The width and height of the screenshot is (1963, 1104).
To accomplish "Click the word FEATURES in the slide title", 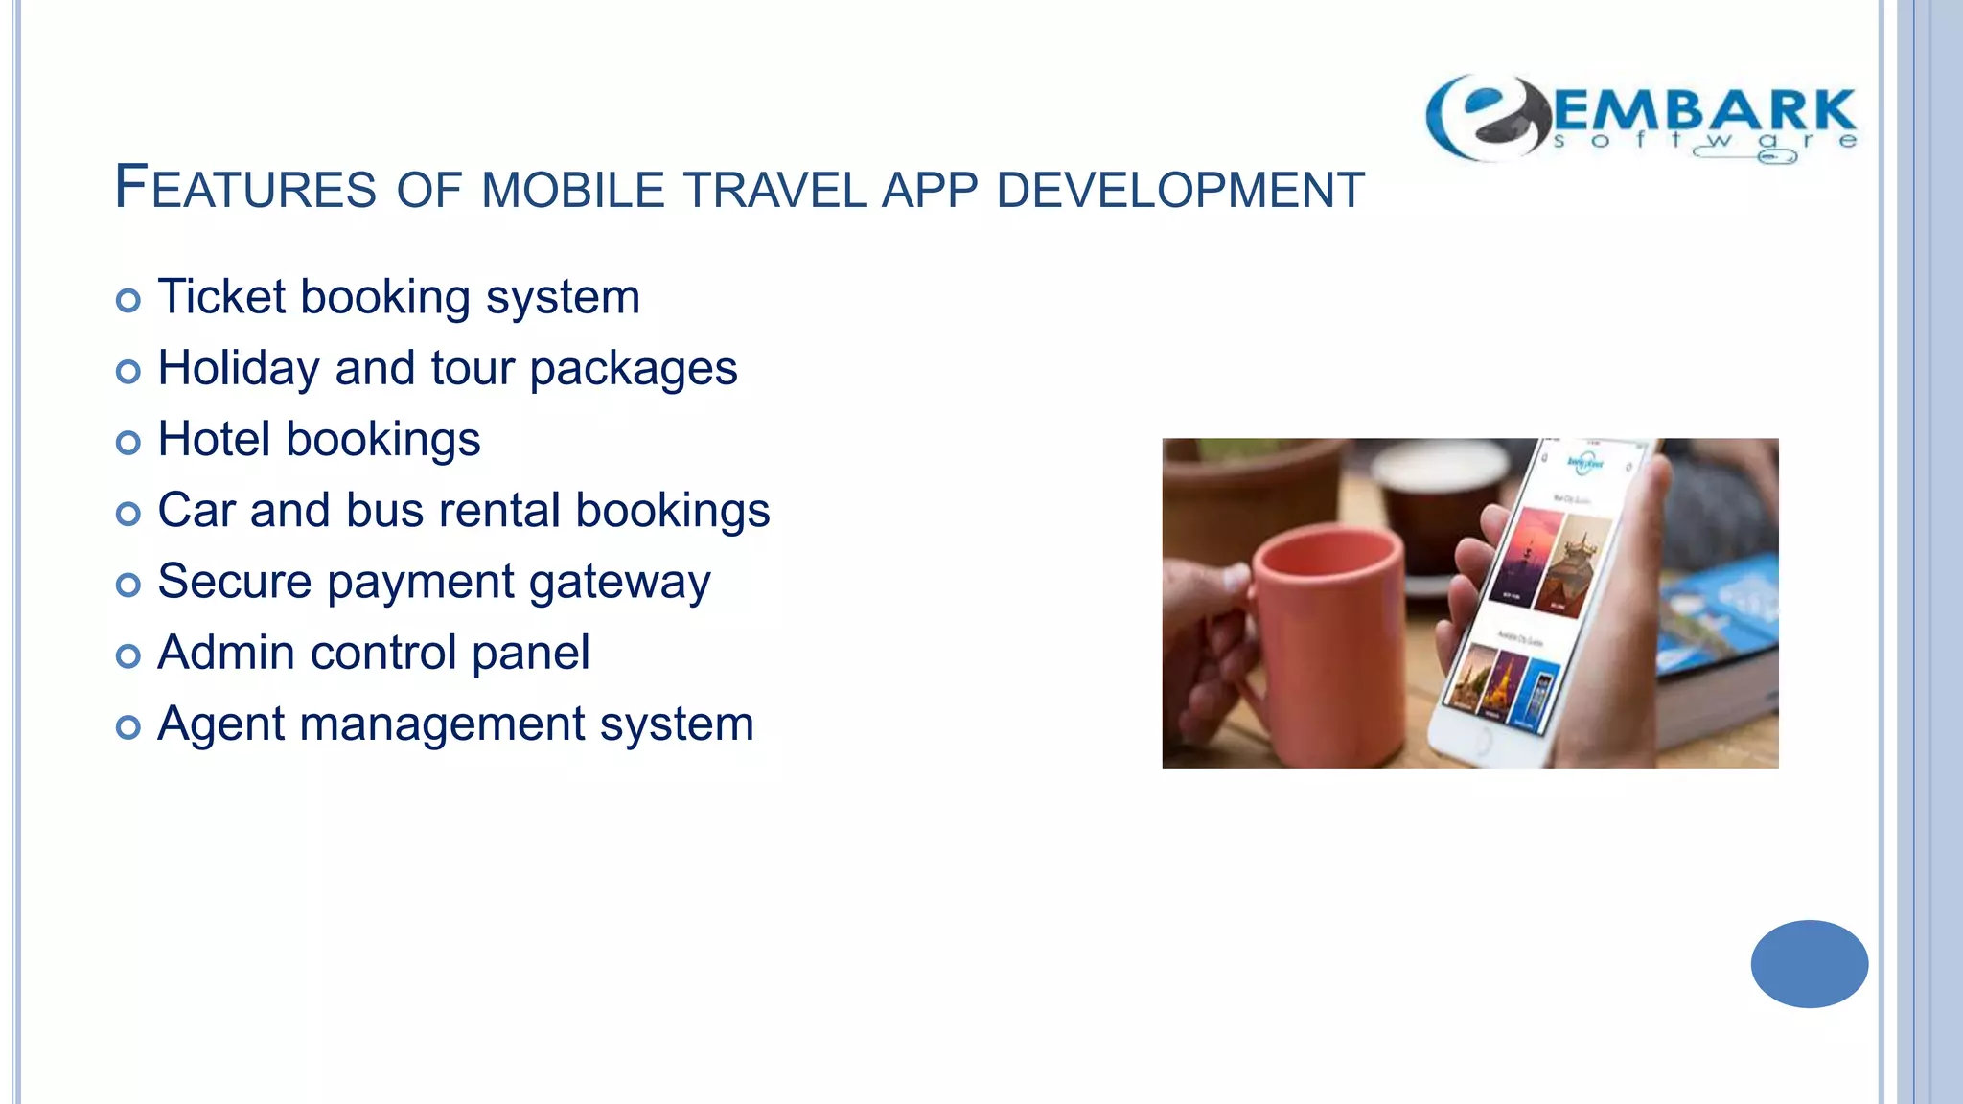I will [x=245, y=187].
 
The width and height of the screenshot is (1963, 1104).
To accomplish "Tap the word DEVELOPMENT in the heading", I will [x=1180, y=190].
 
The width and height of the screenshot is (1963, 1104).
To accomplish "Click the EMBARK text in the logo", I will [x=1704, y=112].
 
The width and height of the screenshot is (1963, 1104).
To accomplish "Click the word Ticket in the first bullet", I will [x=221, y=296].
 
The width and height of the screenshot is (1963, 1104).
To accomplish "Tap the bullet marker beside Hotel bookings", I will [x=127, y=442].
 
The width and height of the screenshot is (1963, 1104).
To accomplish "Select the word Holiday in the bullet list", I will [x=239, y=369].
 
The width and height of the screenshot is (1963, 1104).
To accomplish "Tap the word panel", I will [x=530, y=655].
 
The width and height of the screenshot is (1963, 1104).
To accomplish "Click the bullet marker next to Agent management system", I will [x=127, y=726].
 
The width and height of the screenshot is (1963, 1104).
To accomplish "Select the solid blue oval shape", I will [x=1809, y=963].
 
